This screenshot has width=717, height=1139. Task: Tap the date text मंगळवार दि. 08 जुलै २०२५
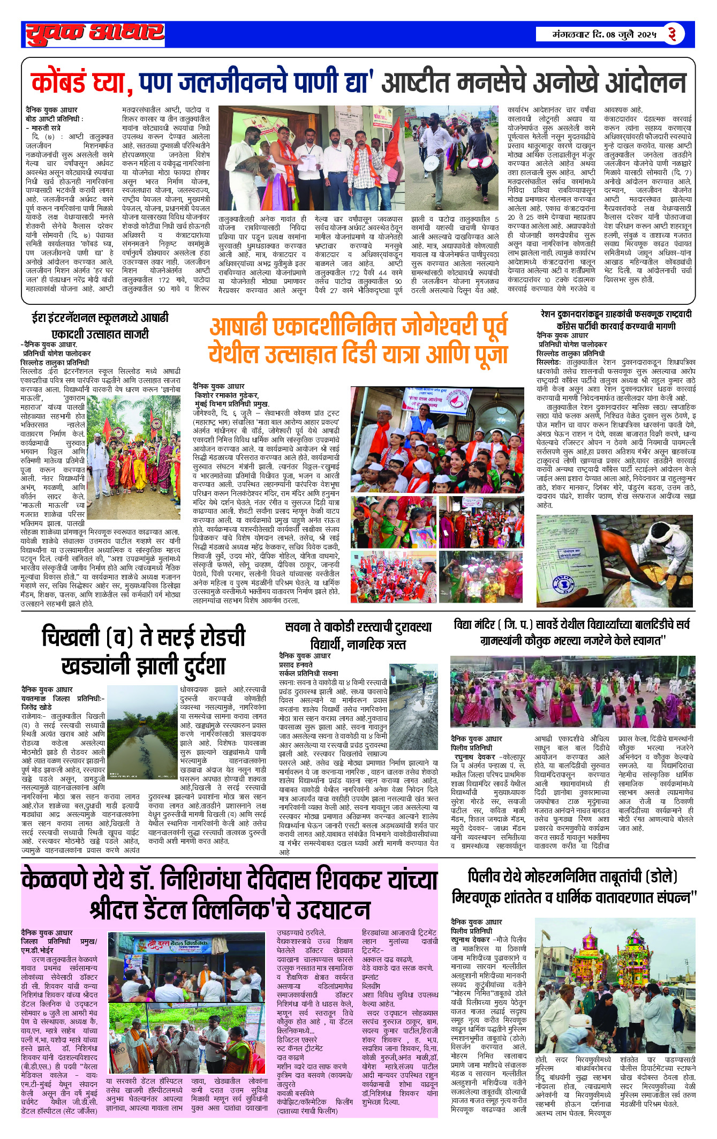tap(605, 35)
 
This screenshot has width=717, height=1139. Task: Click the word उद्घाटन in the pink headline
tap(332, 910)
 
